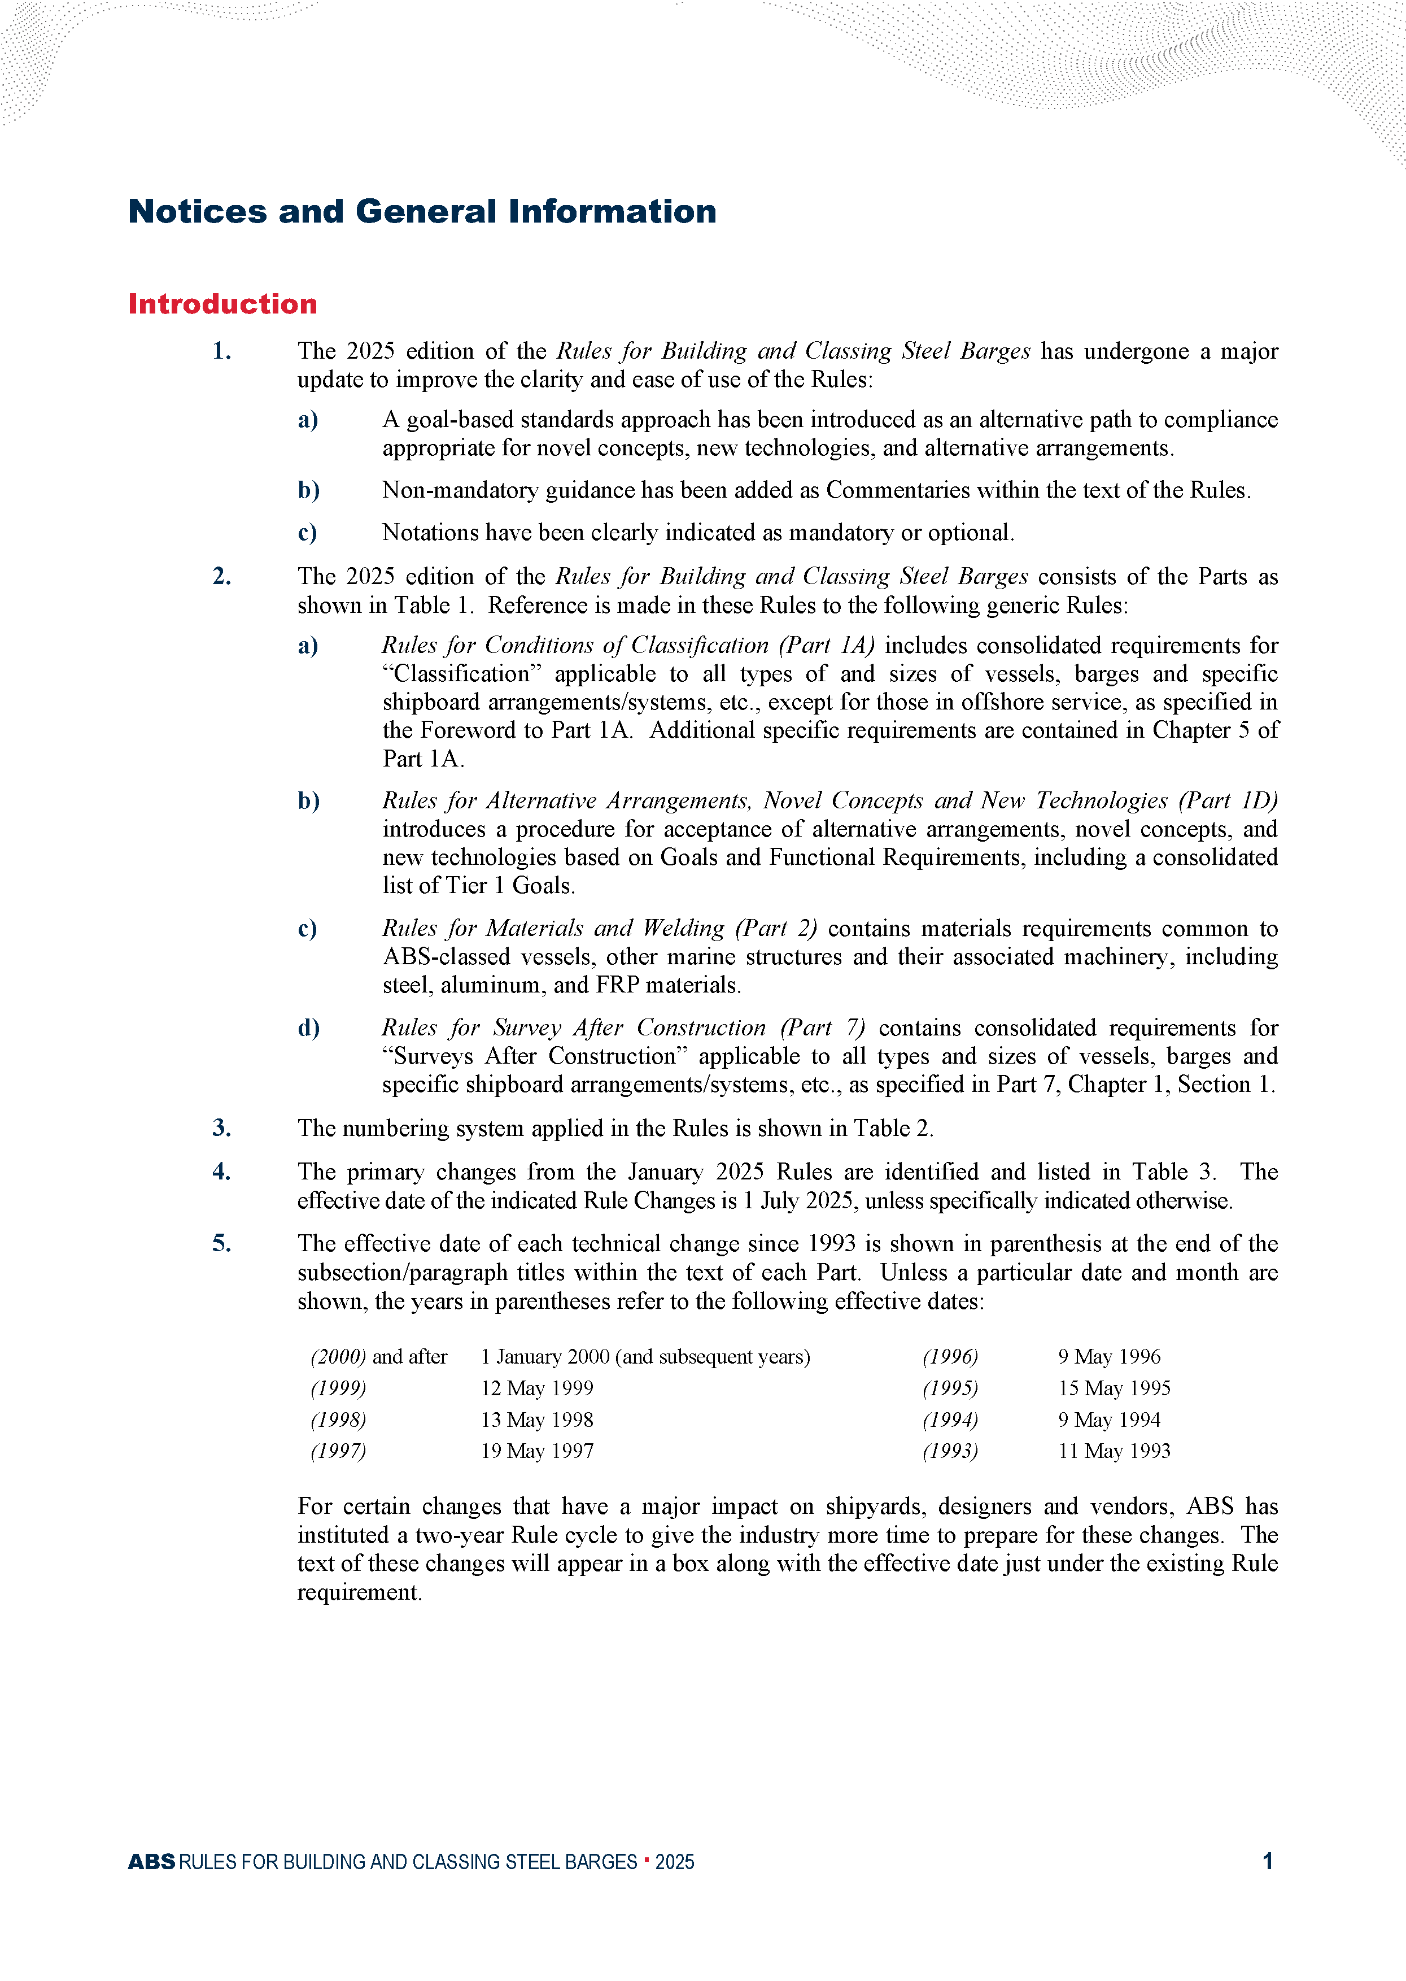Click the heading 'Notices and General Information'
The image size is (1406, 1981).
[x=422, y=211]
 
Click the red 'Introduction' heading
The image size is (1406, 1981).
[x=222, y=304]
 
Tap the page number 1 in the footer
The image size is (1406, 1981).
[x=1268, y=1861]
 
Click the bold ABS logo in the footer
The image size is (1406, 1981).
[x=151, y=1861]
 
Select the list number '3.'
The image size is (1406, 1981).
[x=222, y=1128]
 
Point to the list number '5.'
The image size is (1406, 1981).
[x=222, y=1243]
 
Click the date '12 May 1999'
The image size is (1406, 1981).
[x=537, y=1389]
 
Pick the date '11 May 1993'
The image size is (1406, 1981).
[x=1114, y=1451]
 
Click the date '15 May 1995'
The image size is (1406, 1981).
[x=1114, y=1389]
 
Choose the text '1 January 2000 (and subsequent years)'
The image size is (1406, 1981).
[x=645, y=1357]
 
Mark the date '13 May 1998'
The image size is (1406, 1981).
[x=537, y=1420]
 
